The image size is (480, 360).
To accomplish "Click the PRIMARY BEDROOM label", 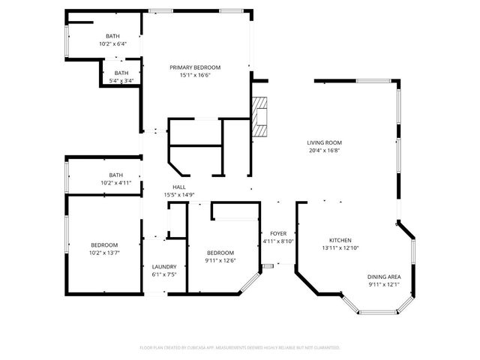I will coord(194,67).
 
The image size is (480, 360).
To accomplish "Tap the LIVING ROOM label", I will coord(324,142).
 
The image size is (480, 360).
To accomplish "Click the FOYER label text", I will coord(278,233).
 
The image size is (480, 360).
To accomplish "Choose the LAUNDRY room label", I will coord(164,267).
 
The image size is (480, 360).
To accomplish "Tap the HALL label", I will coord(179,187).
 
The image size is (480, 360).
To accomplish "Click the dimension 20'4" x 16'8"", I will coord(324,150).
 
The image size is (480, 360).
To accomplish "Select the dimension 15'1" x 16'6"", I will coord(194,75).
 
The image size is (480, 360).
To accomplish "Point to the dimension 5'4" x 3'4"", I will coord(121,80).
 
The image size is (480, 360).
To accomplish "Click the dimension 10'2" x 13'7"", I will coord(104,253).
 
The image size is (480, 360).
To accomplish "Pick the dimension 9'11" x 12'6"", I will coord(220,260).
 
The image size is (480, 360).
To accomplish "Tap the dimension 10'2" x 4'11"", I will coord(115,182).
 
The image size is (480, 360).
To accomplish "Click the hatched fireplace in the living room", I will coord(259,117).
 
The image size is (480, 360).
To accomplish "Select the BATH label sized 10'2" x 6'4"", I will coord(112,36).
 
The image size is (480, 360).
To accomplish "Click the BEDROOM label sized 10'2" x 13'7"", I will coord(104,245).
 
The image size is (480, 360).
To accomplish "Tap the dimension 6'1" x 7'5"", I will coord(164,274).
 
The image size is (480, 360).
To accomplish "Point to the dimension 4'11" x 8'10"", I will coord(278,241).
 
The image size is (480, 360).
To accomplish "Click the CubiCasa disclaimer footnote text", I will coord(240,348).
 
